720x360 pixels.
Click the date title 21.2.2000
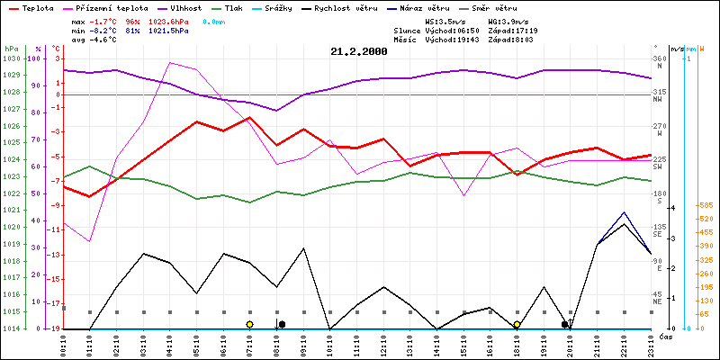click(358, 52)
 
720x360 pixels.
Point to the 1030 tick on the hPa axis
click(11, 58)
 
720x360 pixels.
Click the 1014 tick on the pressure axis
click(11, 328)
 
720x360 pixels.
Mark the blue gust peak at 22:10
click(625, 212)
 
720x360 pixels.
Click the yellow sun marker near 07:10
click(249, 324)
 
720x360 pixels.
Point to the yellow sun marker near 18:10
click(517, 324)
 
